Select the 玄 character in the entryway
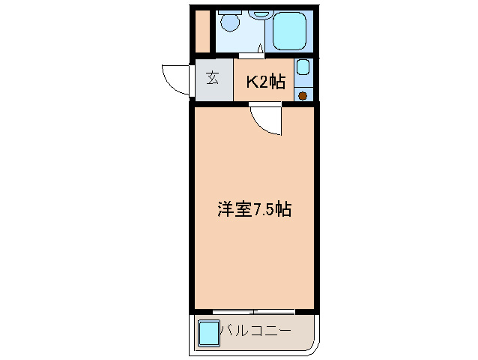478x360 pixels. [x=213, y=78]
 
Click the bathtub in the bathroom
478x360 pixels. [x=291, y=32]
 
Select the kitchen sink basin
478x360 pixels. [x=303, y=67]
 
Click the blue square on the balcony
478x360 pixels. [x=209, y=331]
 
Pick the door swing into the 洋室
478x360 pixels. [x=267, y=118]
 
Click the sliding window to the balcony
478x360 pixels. [x=252, y=311]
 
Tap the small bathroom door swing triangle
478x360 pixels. [x=261, y=50]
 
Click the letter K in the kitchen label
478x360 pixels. [x=252, y=82]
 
